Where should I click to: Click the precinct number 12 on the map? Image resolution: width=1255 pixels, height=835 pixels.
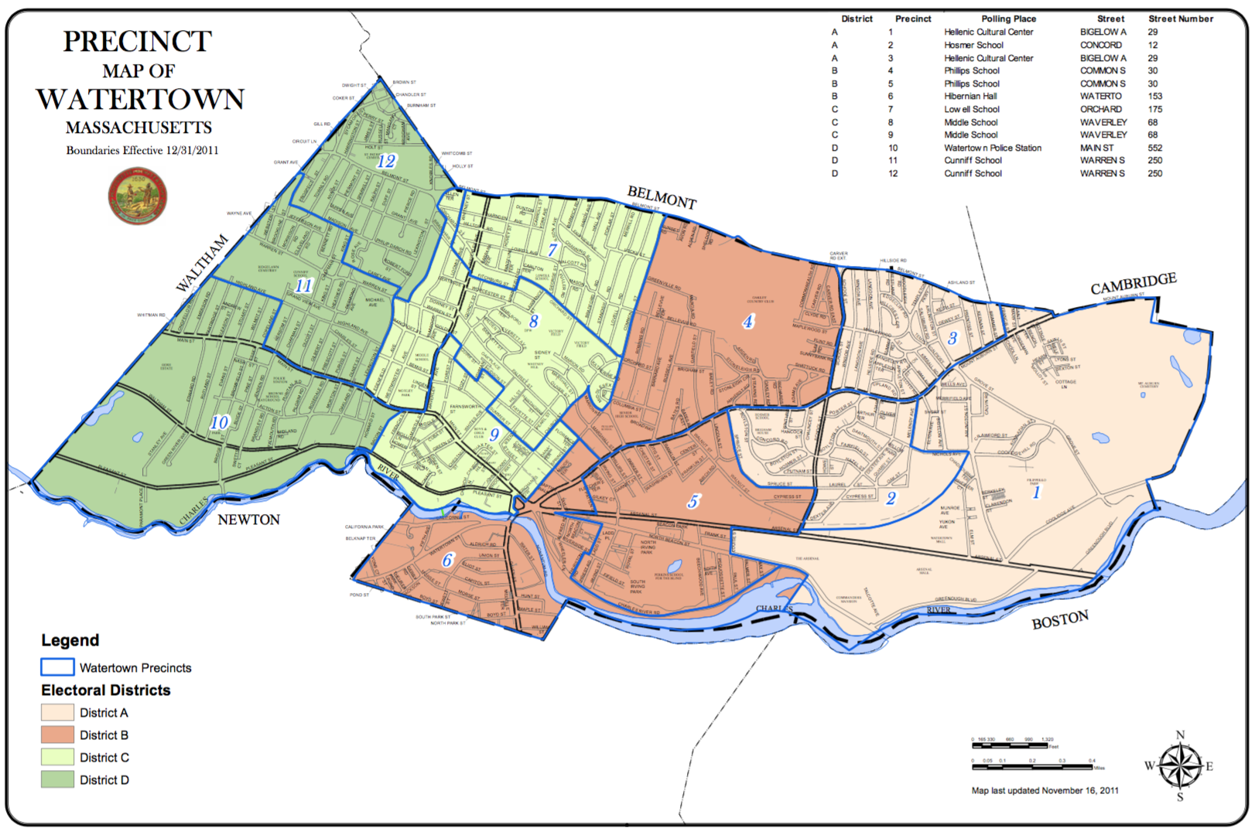coord(386,161)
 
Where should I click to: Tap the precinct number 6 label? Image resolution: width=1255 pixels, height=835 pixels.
coord(447,560)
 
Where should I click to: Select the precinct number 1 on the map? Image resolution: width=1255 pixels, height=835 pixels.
coord(1037,492)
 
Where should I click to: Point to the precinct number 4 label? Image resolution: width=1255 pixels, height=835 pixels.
coord(748,321)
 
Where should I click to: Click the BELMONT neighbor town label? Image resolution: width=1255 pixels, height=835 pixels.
coord(662,197)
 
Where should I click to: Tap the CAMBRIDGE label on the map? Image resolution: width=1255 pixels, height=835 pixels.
coord(1133,284)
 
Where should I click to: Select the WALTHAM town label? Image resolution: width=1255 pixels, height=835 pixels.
coord(202,264)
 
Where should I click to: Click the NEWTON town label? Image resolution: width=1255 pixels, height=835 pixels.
coord(248,520)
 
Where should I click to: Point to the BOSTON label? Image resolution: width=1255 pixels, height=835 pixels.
coord(1060,620)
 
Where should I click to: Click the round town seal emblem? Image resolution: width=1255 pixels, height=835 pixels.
coord(138,196)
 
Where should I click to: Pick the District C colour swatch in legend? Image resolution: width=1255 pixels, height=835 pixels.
coord(57,757)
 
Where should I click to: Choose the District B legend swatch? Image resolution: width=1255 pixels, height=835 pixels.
coord(57,734)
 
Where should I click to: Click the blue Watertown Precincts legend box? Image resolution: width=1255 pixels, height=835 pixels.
coord(57,666)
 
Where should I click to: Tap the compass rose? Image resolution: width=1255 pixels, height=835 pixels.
coord(1180,766)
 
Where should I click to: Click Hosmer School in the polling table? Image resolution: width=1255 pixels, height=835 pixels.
coord(973,45)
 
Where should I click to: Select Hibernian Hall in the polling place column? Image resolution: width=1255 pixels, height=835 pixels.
coord(970,96)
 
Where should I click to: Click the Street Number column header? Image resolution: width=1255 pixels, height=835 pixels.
coord(1180,19)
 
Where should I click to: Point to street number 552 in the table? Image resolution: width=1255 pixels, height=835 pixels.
coord(1154,148)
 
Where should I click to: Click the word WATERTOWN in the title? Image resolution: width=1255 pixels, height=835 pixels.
coord(140,99)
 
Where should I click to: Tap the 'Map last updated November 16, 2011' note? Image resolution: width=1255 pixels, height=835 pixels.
coord(1045,790)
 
